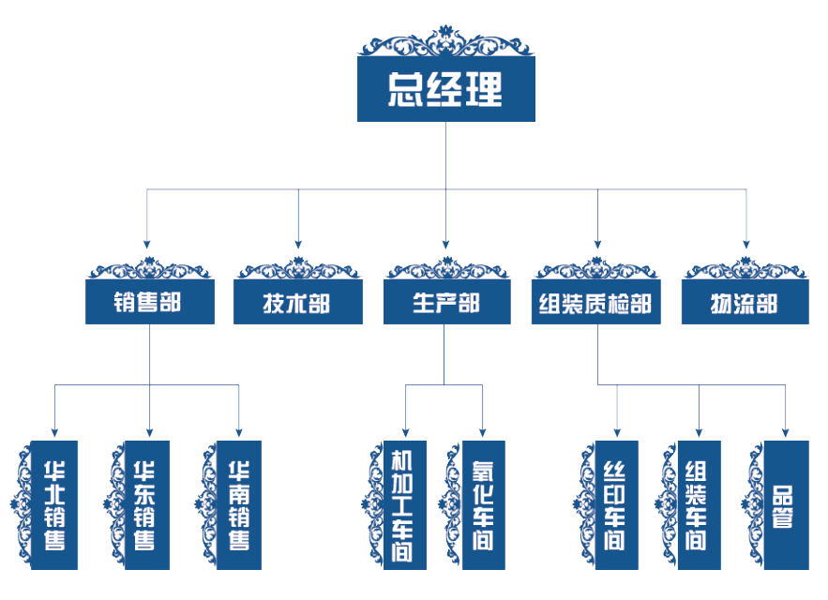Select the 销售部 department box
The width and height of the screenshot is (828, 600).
coord(148,303)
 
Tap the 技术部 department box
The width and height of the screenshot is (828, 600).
coord(297,303)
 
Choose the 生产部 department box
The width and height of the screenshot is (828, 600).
coord(446,303)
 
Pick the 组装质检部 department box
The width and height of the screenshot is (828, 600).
coord(595,303)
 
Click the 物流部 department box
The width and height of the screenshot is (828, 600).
coord(745,303)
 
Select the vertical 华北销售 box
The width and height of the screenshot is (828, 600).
coord(53,504)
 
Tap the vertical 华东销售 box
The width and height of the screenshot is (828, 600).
coord(147,504)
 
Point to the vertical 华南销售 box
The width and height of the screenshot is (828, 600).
coord(239,504)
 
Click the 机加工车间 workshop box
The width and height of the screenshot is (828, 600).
coord(404,504)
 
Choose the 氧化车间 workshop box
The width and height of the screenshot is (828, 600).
coord(483,504)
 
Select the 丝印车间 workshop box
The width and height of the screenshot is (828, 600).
coord(616,504)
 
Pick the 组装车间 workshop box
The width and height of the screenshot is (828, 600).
coord(699,504)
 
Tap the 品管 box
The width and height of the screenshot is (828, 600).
coord(785,504)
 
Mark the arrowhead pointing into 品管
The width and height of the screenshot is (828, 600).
coord(785,432)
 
